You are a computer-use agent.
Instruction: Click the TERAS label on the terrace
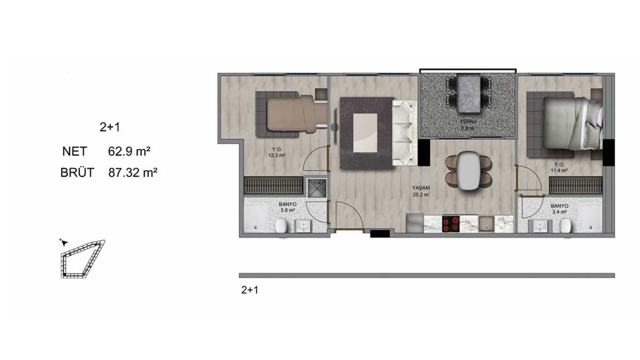tap(468, 122)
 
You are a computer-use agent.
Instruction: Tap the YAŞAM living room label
tap(421, 188)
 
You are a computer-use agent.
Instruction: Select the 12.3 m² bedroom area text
tap(277, 156)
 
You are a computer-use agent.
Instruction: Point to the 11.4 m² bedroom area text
tap(559, 171)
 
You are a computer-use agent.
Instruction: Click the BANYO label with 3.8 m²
tap(288, 204)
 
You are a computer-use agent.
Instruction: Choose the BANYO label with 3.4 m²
tap(559, 206)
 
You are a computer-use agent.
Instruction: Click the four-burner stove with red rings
tap(451, 224)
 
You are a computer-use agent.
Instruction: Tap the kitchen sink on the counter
tap(486, 224)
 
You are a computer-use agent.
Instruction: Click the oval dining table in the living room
tap(469, 171)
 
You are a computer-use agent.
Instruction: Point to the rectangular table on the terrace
tap(469, 93)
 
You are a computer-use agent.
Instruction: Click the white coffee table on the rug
tap(365, 133)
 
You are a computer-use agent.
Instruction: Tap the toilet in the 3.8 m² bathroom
tap(281, 226)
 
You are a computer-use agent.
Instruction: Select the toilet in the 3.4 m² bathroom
tap(565, 226)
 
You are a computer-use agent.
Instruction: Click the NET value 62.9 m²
tap(129, 151)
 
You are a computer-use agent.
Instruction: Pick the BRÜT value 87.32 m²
tap(133, 173)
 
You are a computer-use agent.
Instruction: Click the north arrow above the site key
tap(64, 243)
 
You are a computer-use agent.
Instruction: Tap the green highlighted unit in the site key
tap(85, 272)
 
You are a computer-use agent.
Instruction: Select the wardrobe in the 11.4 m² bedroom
tap(576, 186)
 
